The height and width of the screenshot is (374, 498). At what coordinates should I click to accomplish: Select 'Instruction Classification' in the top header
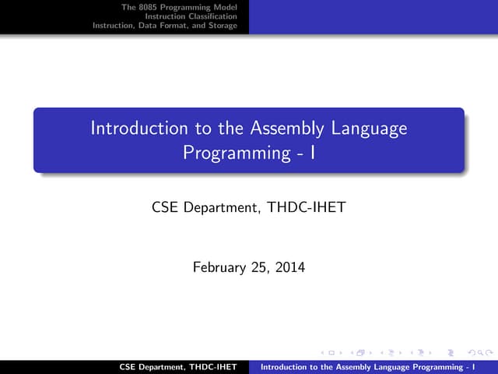coord(202,16)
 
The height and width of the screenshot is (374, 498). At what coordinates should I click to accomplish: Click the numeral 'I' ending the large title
coord(311,152)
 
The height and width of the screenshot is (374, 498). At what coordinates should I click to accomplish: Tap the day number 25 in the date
coord(260,268)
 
